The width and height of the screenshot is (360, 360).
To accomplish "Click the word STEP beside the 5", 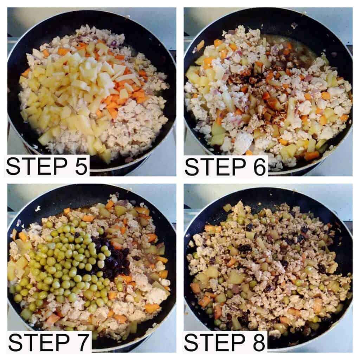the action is click(x=37, y=166).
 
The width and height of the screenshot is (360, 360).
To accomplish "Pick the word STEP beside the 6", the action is click(x=215, y=167).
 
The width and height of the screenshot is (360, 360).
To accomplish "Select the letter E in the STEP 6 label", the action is click(x=222, y=167).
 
